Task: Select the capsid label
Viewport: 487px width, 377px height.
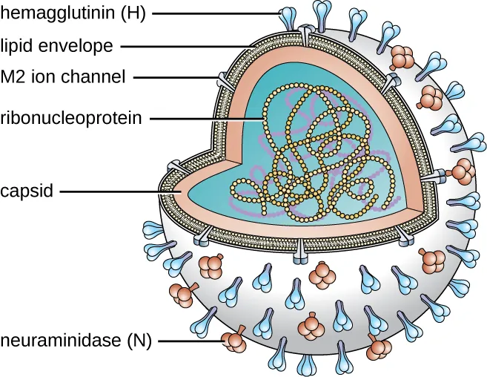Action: click(27, 191)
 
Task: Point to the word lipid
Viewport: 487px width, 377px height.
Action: click(16, 47)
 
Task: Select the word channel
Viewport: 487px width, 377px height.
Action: click(96, 76)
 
